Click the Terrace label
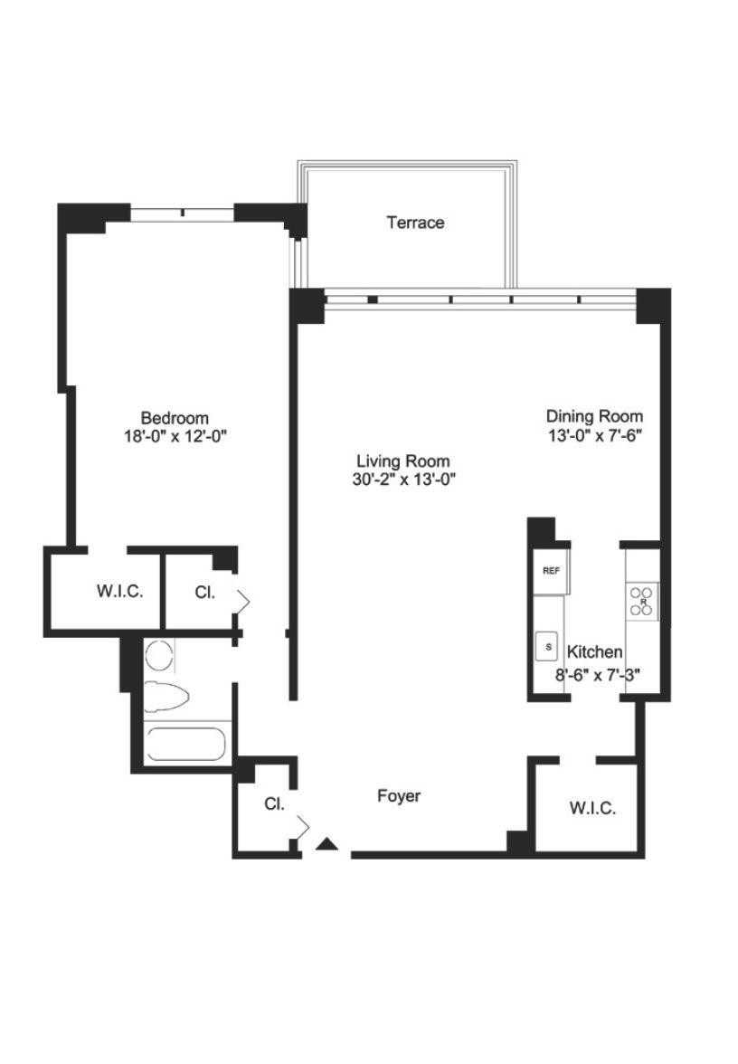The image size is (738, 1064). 415,223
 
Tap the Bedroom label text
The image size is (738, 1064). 175,418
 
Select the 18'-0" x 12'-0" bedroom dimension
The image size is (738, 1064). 175,436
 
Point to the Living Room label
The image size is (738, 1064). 403,461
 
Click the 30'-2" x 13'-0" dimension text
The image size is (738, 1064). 403,480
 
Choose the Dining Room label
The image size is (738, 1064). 595,416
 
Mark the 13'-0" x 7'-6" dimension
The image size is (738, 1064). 595,435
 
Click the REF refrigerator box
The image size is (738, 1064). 552,571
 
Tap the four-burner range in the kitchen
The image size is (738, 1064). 642,601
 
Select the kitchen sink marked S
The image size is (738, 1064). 548,646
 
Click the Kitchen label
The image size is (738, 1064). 594,652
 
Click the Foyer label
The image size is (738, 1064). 399,796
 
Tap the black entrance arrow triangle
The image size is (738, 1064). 327,844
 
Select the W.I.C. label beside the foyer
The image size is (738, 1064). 593,808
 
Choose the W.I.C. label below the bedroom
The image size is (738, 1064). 120,591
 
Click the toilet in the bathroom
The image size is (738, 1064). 166,697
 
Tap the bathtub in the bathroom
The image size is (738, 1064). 186,746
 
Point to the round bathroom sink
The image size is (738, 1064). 160,658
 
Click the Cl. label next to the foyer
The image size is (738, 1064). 274,804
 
